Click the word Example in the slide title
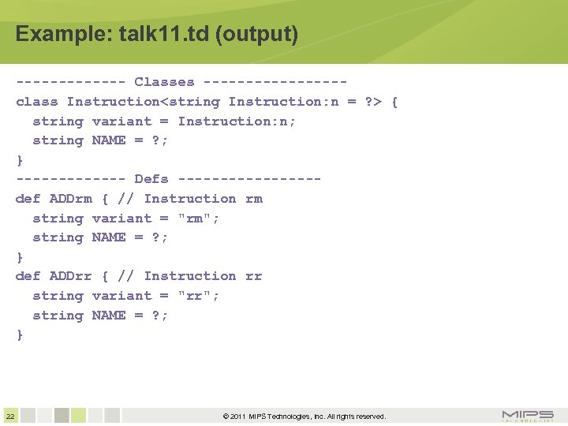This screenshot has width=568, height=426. coord(53,35)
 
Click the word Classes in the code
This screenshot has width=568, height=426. coord(164,82)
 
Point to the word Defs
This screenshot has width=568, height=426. coord(151,179)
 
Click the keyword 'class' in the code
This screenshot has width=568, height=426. coord(36,102)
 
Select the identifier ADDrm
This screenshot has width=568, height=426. coord(71,199)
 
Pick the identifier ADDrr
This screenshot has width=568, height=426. coord(71,276)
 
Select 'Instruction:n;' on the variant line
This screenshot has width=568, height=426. coord(237,121)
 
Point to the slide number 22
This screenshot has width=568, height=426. coord(9,416)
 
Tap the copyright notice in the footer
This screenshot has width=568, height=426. coord(305,417)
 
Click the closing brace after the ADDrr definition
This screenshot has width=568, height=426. coord(20,334)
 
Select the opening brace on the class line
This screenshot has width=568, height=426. coord(394,102)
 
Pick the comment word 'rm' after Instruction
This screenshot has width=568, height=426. coord(253,199)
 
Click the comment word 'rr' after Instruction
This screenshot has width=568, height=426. coord(253,276)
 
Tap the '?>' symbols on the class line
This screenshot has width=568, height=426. coord(372,102)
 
